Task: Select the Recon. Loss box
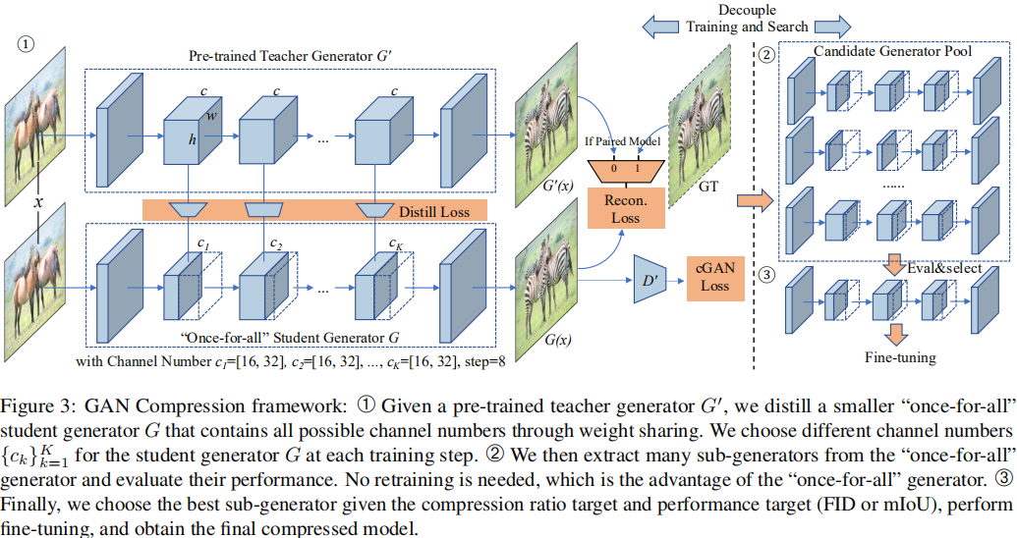tap(614, 208)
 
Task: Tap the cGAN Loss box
tap(715, 276)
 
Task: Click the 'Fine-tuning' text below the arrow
tap(893, 358)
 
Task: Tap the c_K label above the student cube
tap(395, 242)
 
